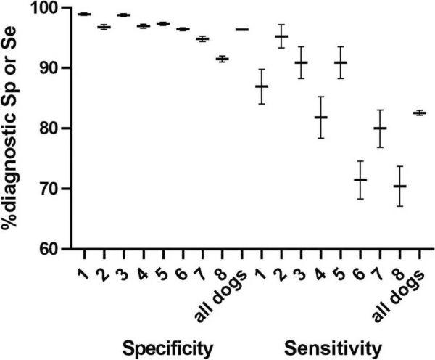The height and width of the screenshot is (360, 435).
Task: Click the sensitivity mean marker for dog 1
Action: (261, 86)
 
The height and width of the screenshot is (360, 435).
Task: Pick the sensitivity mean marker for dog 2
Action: (281, 36)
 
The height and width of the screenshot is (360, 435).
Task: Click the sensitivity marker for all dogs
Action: (419, 112)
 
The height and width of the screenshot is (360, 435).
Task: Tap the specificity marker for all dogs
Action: (241, 29)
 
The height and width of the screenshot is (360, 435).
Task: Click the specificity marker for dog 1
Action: (84, 14)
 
